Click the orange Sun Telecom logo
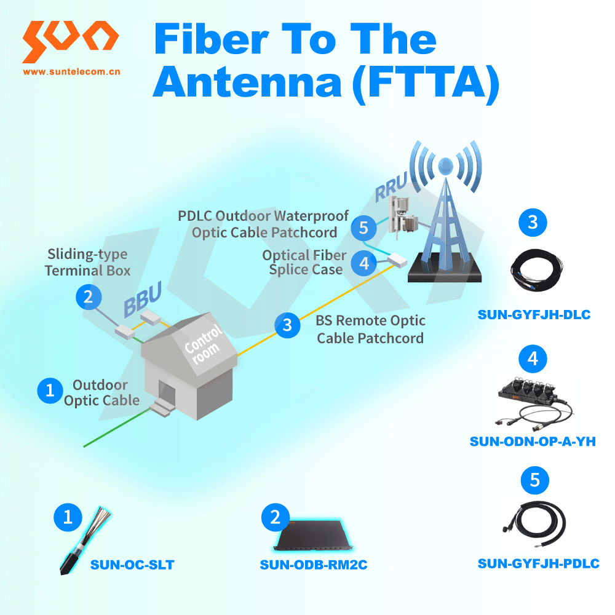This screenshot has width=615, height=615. pyautogui.click(x=70, y=41)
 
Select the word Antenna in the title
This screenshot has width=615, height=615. pyautogui.click(x=246, y=84)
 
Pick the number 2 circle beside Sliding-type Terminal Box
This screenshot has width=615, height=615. pyautogui.click(x=88, y=298)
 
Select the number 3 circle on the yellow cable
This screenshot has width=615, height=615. pyautogui.click(x=287, y=324)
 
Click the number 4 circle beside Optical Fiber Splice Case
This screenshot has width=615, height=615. pyautogui.click(x=364, y=263)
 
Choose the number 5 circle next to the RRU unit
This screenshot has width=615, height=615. pyautogui.click(x=363, y=228)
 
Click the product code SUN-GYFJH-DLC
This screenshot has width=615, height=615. pyautogui.click(x=534, y=315)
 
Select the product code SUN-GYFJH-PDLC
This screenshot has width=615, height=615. pyautogui.click(x=538, y=563)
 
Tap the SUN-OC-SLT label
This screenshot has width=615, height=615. pyautogui.click(x=132, y=564)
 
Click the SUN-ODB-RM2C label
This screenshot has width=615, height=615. pyautogui.click(x=313, y=564)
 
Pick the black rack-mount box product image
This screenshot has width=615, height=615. pyautogui.click(x=313, y=538)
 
